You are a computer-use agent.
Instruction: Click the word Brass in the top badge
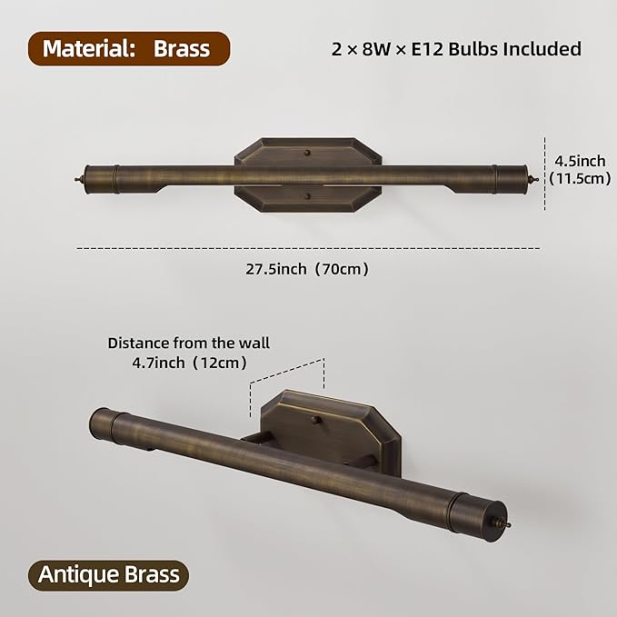[182, 49]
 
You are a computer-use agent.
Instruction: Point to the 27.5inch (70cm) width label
[307, 269]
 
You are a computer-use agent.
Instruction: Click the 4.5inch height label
[580, 161]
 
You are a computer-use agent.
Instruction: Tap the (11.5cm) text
[580, 178]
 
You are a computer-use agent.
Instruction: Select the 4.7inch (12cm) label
[189, 363]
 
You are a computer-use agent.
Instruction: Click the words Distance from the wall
[189, 343]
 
